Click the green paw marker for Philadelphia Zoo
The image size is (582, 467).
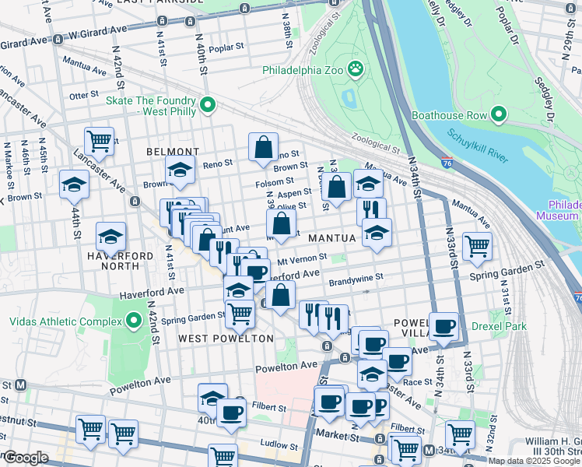pos(356,69)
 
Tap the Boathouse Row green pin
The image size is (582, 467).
pos(499,115)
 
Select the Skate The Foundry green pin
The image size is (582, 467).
pos(208,104)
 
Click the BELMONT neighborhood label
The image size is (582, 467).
pos(172,151)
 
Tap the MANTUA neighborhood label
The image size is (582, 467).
pos(331,237)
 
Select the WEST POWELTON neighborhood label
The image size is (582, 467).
pos(226,339)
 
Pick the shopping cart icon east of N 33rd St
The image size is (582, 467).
pos(477,246)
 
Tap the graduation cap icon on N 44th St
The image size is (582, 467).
pos(74,184)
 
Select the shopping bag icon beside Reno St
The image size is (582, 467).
pos(264,146)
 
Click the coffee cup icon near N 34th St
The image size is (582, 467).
pos(444,326)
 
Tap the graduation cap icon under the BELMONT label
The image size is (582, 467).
pos(180,170)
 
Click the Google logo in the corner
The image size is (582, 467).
pos(26,458)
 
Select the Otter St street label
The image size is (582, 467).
pos(79,95)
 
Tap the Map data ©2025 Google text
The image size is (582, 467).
pos(533,461)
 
